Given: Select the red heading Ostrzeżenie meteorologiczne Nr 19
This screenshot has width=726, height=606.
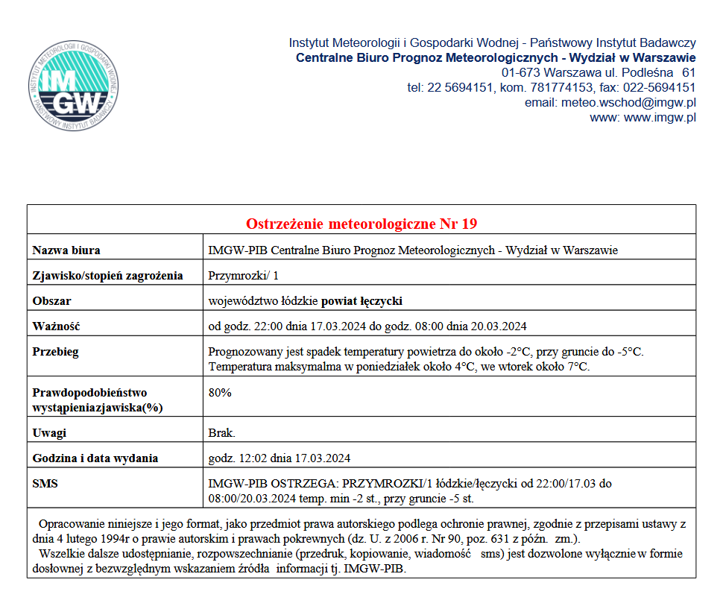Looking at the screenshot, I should point(362,224).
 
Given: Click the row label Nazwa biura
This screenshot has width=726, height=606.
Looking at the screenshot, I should point(66,250).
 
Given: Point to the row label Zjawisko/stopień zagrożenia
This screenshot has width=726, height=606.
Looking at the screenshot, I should point(107,276).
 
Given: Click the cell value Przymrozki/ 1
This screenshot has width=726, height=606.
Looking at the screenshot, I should point(244,276).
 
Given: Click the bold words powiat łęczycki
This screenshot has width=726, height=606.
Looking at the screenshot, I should point(362,301).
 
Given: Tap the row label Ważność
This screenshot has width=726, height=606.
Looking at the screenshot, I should point(56,326).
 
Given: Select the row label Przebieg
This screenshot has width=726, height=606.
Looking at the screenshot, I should point(56,352).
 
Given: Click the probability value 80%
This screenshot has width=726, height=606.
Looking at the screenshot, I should point(220,393).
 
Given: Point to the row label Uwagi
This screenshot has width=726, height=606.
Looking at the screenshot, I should point(49,433).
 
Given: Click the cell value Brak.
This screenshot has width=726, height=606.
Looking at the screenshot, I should point(222,433).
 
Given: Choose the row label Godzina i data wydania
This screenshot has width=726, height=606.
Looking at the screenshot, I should point(95,458).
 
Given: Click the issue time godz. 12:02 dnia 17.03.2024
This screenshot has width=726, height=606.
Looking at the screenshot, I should point(280,458).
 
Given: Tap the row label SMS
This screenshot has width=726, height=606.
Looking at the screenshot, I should point(45,484).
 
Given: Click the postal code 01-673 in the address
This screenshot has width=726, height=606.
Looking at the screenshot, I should point(521,72).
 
